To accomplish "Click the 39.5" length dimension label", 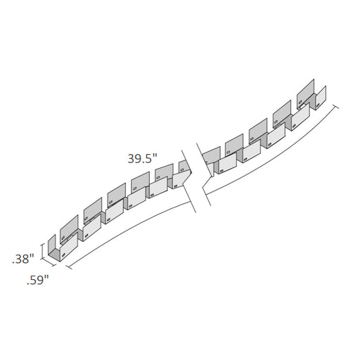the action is tap(142, 159).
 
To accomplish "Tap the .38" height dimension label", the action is tap(23, 259).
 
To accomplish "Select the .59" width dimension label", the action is tap(37, 281).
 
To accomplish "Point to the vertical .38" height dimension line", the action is tap(42, 252).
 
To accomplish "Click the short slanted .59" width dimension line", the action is tap(49, 262).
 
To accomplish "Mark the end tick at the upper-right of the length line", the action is tap(335, 107).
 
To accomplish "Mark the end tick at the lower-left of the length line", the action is tap(69, 267).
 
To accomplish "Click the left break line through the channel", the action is tap(188, 181).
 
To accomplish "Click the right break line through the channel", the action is tap(203, 174).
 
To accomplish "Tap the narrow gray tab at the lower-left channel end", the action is tap(52, 245).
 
